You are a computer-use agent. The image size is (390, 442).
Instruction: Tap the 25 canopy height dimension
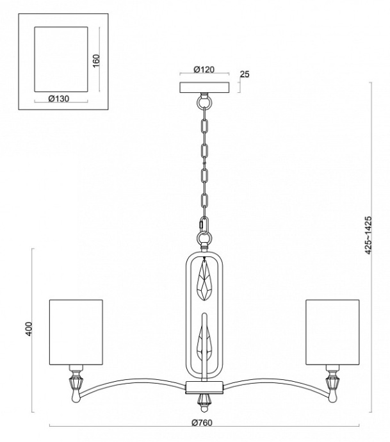(245, 75)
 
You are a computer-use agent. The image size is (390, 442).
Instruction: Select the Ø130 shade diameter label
(58, 99)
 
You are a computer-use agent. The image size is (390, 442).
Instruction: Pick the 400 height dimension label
(28, 327)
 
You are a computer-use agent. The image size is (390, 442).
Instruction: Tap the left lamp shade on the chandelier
(76, 331)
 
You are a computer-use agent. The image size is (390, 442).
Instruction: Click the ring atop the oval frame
(204, 240)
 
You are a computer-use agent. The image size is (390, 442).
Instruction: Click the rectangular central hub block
(204, 386)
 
